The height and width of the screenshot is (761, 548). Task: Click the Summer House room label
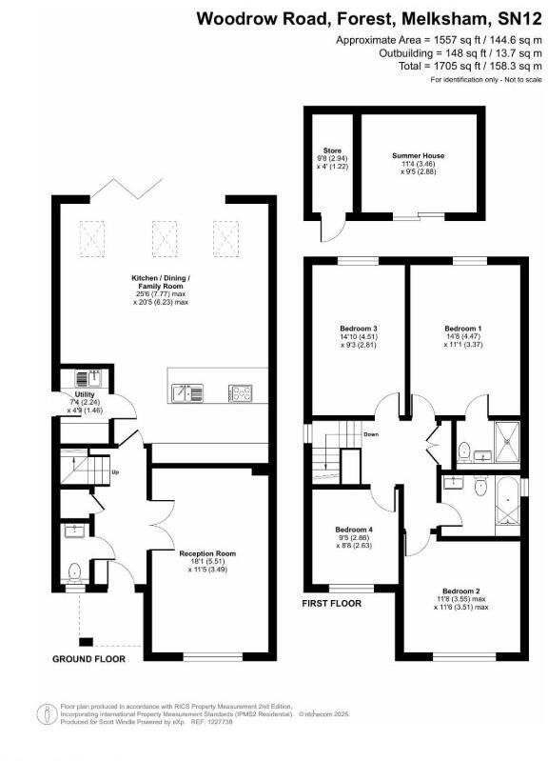coord(418,155)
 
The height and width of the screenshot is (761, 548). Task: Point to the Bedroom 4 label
coord(354,530)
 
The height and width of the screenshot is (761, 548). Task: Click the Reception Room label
coord(206,553)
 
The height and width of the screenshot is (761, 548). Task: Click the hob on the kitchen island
coord(240,391)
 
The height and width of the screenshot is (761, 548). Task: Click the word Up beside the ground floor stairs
coord(116,472)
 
